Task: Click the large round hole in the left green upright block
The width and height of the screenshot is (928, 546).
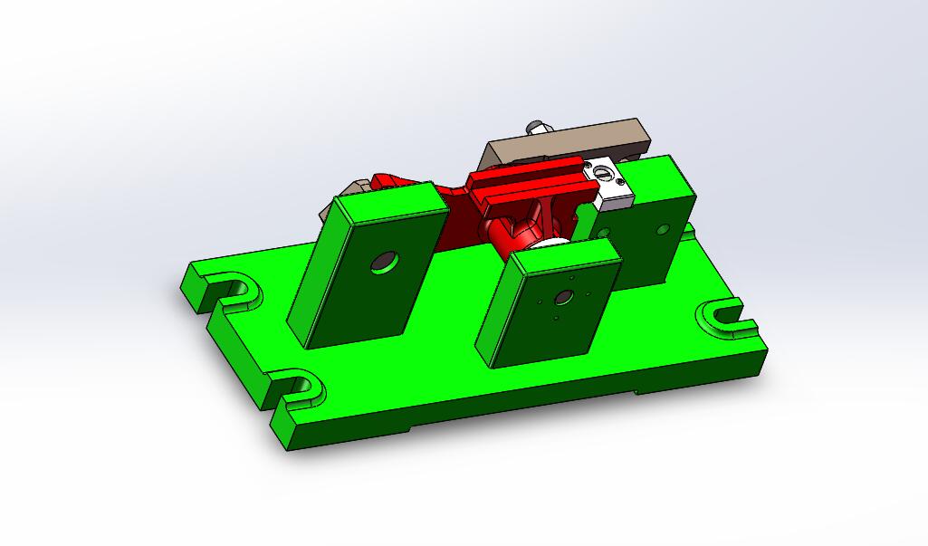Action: point(384,262)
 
